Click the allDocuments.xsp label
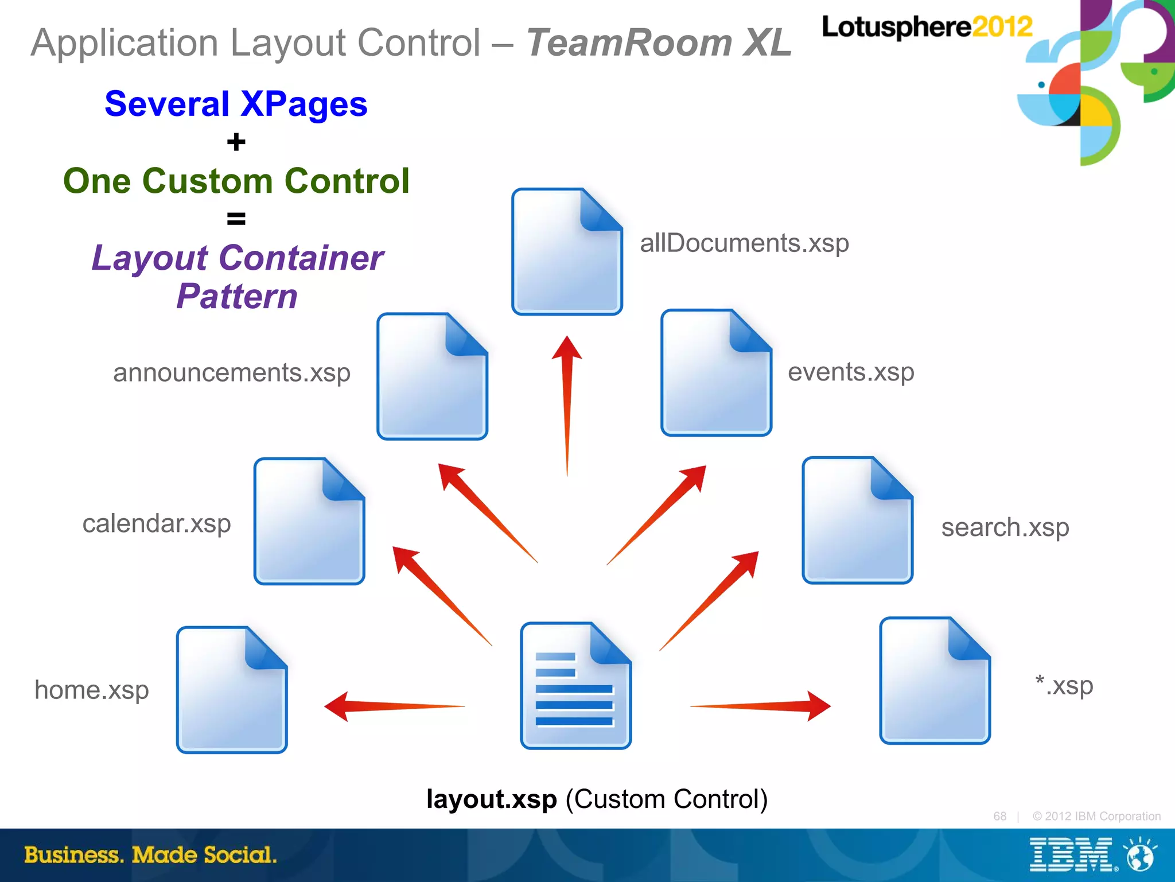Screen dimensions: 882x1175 744,243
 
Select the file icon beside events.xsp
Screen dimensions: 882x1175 715,373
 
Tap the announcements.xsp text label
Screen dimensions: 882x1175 231,373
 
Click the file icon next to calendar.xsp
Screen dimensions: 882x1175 309,521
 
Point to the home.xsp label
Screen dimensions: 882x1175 92,690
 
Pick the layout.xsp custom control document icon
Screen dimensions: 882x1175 575,686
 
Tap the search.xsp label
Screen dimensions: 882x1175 1005,527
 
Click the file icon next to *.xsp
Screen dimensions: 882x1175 935,681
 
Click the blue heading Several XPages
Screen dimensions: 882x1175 236,104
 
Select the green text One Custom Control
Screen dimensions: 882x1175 236,181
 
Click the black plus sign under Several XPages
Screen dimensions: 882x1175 236,142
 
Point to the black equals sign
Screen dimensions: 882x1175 236,219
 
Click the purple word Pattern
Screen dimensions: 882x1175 237,297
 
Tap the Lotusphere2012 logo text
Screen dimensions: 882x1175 926,27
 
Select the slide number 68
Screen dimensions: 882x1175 999,816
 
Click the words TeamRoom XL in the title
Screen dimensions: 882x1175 659,43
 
